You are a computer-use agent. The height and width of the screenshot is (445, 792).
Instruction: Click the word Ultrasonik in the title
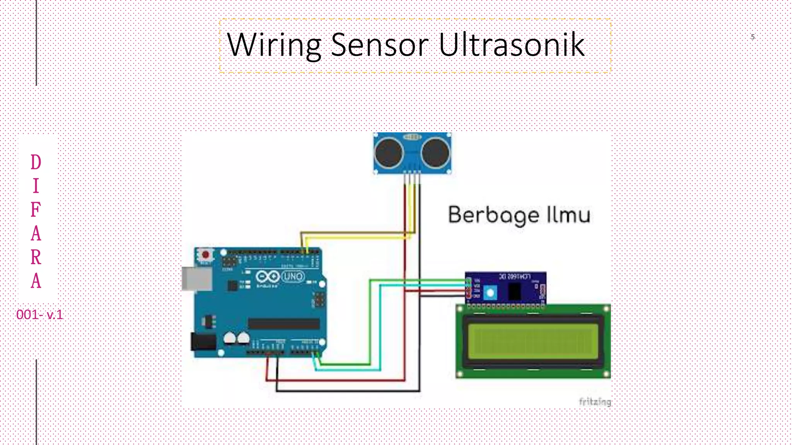511,45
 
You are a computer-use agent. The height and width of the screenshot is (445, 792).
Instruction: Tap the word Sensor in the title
380,45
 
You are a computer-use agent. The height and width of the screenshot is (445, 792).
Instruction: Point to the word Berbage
493,215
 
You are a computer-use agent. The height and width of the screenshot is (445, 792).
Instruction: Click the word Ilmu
568,215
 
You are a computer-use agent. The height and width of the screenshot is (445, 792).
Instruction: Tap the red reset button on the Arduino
205,255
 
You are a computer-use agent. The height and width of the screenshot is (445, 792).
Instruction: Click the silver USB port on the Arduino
197,279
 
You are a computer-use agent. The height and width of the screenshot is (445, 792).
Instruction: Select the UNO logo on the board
293,277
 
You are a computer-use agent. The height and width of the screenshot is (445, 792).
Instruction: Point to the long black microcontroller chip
283,324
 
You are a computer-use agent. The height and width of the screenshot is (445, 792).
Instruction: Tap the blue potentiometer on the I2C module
490,292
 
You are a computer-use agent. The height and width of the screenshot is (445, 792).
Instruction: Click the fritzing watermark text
595,402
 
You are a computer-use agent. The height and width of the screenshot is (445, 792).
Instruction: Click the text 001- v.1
39,315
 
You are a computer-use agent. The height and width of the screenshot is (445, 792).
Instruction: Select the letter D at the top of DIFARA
36,162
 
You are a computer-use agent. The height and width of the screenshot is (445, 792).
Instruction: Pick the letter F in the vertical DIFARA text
36,210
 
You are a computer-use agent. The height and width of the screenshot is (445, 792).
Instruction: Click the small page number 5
753,37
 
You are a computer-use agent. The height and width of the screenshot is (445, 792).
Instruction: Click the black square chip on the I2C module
514,292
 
